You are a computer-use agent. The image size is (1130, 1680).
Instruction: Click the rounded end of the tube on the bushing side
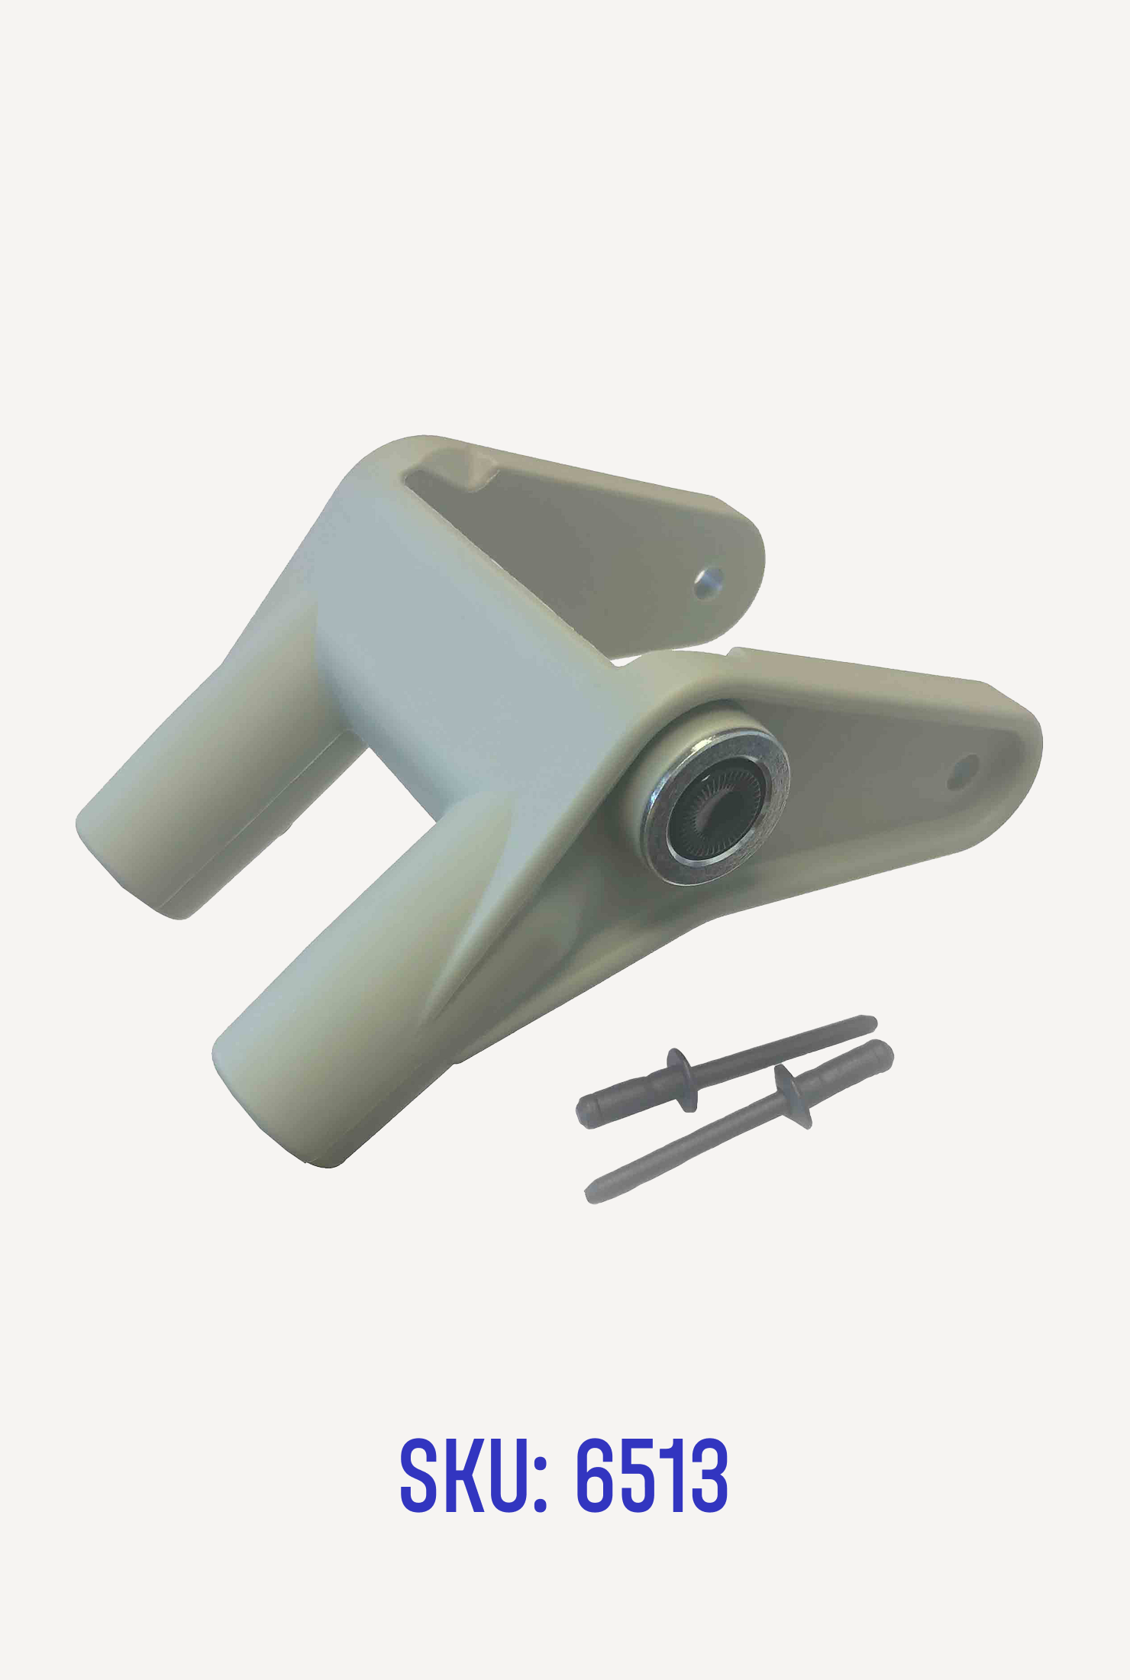tap(275, 1100)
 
